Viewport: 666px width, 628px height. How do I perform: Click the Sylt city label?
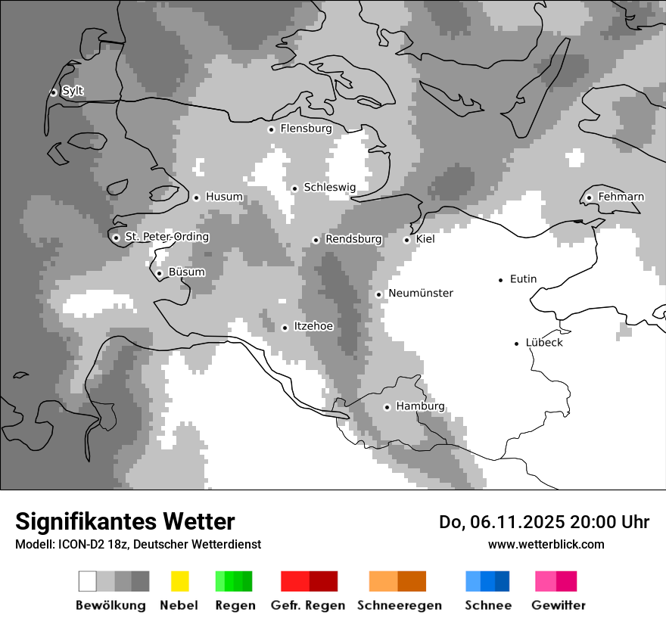[x=73, y=91]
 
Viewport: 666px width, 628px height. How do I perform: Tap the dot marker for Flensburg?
[x=271, y=129]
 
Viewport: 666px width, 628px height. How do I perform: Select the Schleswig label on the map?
[x=329, y=187]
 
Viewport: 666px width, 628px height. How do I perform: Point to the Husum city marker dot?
[x=196, y=197]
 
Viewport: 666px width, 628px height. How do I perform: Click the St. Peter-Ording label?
[x=166, y=237]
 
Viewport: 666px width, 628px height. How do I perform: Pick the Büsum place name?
[x=186, y=272]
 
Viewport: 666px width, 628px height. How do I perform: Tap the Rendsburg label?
[x=353, y=239]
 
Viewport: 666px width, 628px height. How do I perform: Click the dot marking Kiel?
[x=406, y=240]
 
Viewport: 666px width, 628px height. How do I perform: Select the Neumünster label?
[x=421, y=293]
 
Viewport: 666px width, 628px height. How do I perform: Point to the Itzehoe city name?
[x=313, y=326]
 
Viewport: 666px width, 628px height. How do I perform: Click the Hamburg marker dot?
[x=387, y=407]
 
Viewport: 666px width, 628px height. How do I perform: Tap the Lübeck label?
[x=544, y=342]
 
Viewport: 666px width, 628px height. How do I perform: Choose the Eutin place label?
[x=523, y=278]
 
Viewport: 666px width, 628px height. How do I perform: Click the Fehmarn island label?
[x=621, y=197]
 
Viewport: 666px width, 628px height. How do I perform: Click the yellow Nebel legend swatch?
[x=179, y=581]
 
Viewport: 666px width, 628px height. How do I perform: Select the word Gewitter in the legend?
[x=559, y=605]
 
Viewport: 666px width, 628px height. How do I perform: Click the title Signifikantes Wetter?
[x=125, y=521]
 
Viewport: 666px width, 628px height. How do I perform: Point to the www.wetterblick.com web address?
[x=546, y=544]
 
